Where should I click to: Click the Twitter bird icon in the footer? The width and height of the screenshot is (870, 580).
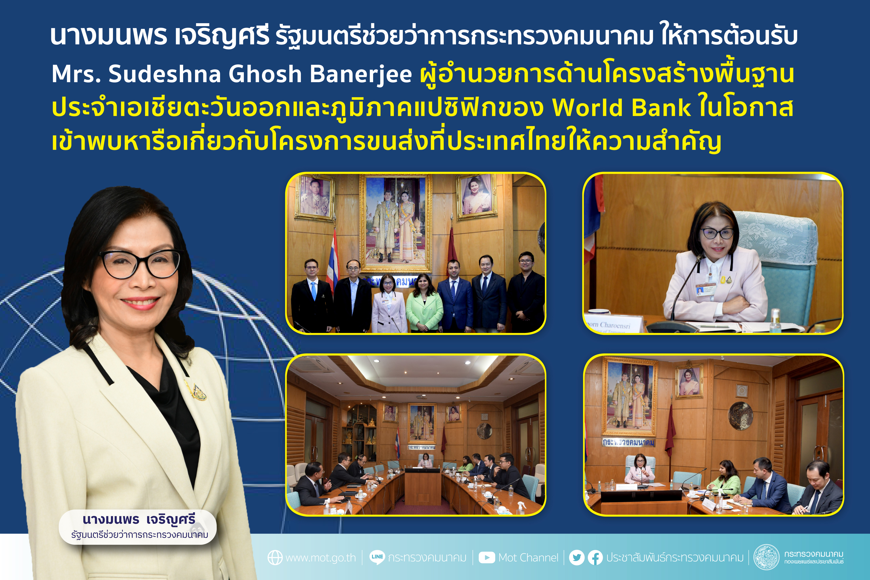click(x=577, y=557)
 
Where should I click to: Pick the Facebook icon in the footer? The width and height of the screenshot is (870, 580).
click(x=595, y=557)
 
